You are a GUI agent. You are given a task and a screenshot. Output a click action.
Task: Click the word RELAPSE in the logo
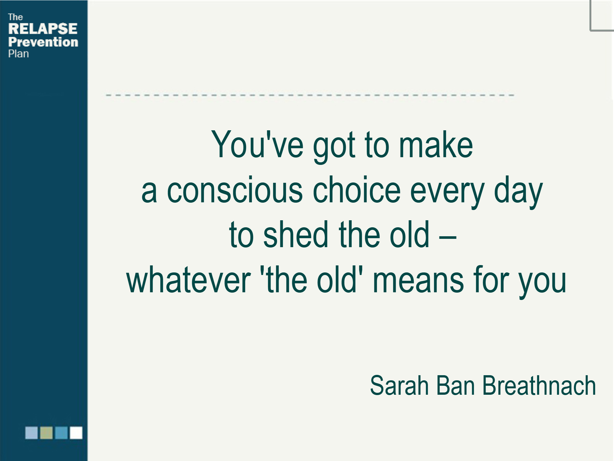(x=43, y=28)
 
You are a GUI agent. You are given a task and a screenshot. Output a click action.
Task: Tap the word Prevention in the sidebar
(x=43, y=42)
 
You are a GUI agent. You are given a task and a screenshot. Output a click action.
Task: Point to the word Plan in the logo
(x=19, y=54)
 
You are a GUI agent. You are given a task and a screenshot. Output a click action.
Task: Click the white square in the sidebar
(x=76, y=433)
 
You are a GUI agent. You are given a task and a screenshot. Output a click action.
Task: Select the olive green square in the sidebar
(x=46, y=433)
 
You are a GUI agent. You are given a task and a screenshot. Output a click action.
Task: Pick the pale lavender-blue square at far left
(x=32, y=433)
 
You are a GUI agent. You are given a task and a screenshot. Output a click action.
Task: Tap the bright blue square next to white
(x=61, y=433)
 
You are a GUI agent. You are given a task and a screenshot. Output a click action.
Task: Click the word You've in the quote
(x=257, y=144)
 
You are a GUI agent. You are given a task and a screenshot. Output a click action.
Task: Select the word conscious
(x=235, y=190)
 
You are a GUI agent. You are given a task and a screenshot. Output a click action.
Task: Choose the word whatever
(x=188, y=280)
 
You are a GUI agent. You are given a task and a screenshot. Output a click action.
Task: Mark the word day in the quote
(x=518, y=191)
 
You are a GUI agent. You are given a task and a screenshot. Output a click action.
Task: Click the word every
(x=447, y=192)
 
